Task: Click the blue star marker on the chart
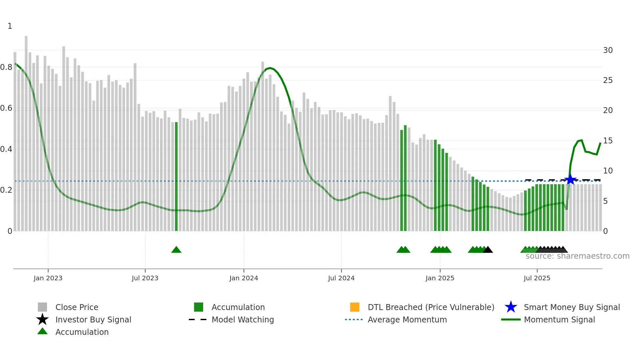570,180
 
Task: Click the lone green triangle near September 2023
176,250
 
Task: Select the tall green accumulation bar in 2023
176,176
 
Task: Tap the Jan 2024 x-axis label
244,278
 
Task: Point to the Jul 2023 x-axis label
145,278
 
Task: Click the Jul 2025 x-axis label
537,278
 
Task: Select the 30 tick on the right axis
608,50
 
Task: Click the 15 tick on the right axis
608,141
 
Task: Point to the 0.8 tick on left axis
7,67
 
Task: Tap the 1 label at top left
10,26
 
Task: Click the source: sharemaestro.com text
577,256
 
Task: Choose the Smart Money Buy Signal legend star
511,307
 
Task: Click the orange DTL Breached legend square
355,307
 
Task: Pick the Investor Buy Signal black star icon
42,319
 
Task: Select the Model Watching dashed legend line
198,319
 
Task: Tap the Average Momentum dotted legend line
354,319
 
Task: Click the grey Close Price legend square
42,307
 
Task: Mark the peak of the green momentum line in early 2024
270,68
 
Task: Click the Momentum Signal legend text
559,319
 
